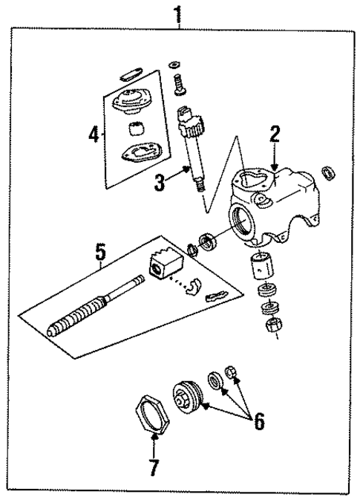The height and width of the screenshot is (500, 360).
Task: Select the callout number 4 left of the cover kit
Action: point(93,134)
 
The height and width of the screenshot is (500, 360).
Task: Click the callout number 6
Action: point(257,421)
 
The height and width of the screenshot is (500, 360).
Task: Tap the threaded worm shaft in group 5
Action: point(82,315)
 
